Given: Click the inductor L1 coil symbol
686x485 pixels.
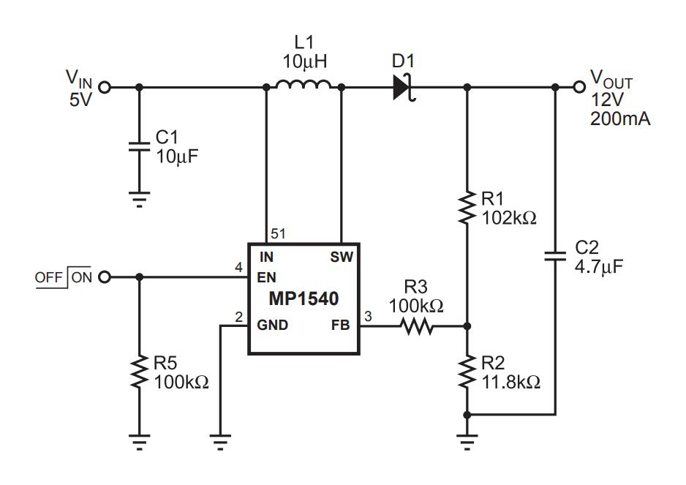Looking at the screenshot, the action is [x=304, y=84].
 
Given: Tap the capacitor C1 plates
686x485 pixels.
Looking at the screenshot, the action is [x=139, y=146].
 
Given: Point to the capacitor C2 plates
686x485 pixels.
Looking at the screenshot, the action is [x=555, y=256].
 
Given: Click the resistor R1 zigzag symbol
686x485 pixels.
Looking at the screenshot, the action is [x=467, y=208].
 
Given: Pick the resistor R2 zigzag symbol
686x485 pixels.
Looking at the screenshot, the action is [x=467, y=371].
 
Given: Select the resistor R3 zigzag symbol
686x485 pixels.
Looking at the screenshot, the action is [x=417, y=326].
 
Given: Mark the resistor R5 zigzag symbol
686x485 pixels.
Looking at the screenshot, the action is [x=139, y=371].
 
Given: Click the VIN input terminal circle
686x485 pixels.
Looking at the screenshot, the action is [x=104, y=88].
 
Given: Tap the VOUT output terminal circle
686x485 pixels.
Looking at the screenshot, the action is [x=579, y=88].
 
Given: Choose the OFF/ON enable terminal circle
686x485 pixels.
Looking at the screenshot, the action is [x=104, y=277].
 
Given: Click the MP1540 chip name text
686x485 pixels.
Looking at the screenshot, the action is [x=304, y=299].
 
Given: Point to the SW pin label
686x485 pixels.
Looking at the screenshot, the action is [x=342, y=257].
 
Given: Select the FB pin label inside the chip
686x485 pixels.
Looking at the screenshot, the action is [x=340, y=325].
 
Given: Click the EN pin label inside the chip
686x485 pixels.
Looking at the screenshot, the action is [x=266, y=277].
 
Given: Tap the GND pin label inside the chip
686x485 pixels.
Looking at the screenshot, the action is [x=272, y=325].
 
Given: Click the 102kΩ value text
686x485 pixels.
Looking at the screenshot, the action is [x=509, y=217].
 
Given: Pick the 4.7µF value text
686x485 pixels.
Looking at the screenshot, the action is [x=599, y=266].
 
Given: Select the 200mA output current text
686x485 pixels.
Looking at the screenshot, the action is [x=620, y=119].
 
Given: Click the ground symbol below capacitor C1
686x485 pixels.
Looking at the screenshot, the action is [x=139, y=199].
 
